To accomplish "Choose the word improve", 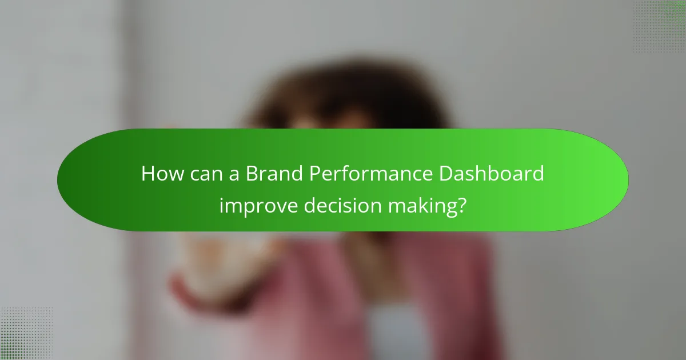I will (x=258, y=205).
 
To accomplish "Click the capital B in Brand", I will (x=251, y=174).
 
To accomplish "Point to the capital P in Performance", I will (x=314, y=174).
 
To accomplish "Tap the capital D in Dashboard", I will (x=445, y=174).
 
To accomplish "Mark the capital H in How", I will (x=147, y=174).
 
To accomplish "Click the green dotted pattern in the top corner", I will (x=660, y=26).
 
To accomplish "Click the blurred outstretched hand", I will (x=217, y=257).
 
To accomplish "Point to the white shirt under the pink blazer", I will (x=394, y=331).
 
